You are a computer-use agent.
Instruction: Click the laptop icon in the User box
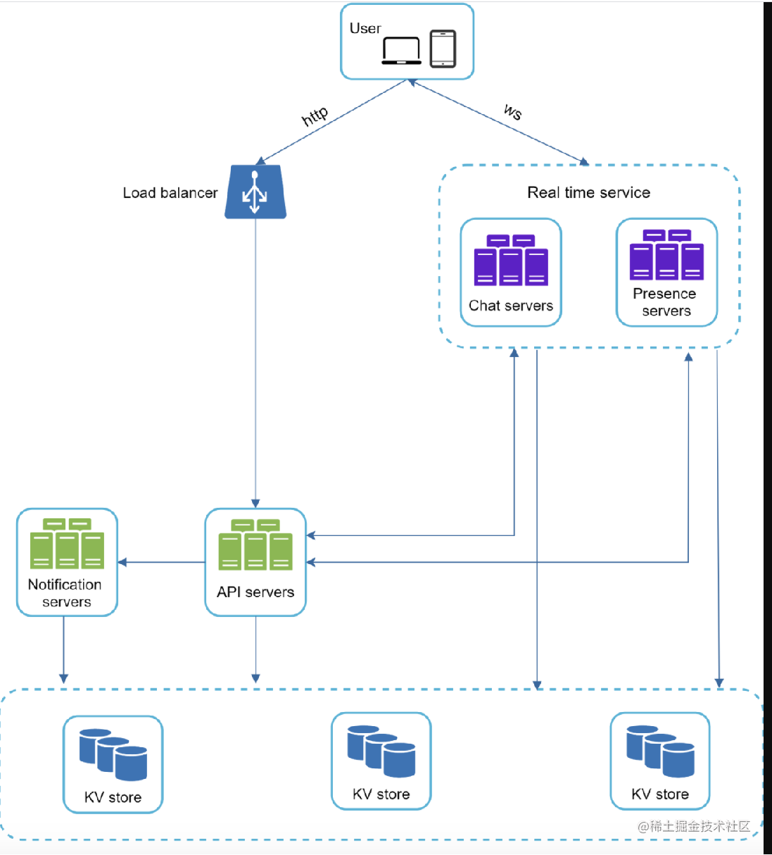(401, 51)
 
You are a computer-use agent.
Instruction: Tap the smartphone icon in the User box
(443, 49)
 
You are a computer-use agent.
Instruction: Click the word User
(365, 28)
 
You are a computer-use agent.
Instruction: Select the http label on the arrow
(315, 116)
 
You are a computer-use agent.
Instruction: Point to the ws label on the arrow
(513, 111)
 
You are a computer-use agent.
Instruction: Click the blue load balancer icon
(255, 192)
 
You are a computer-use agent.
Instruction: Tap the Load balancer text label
(170, 193)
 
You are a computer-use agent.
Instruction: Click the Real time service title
(588, 192)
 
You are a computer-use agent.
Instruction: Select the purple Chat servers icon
(511, 261)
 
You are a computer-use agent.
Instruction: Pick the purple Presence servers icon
(666, 255)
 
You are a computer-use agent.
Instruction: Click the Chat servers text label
(511, 306)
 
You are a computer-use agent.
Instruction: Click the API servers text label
(255, 592)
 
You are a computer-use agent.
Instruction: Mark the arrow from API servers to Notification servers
(162, 562)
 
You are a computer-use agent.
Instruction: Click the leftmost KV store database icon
(113, 754)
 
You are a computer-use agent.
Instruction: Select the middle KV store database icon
(381, 751)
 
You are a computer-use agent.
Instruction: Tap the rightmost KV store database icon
(660, 751)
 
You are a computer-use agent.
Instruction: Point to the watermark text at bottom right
(694, 826)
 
